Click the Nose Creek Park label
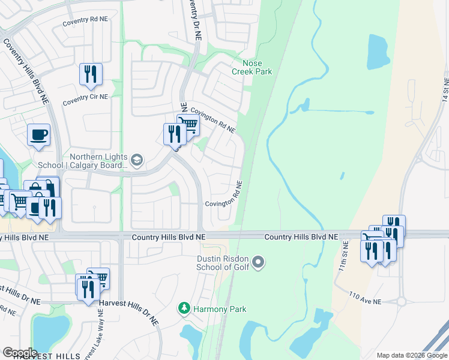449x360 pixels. point(252,67)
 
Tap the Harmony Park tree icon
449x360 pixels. point(184,309)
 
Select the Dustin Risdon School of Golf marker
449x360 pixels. point(259,262)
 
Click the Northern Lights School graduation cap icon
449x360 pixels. point(137,159)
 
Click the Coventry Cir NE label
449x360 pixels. point(85,97)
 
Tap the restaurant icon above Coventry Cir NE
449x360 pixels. point(91,74)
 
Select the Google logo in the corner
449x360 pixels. point(20,352)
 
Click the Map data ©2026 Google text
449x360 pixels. point(412,355)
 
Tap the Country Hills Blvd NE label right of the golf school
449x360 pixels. point(301,237)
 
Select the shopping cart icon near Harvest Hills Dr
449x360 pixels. point(99,277)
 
